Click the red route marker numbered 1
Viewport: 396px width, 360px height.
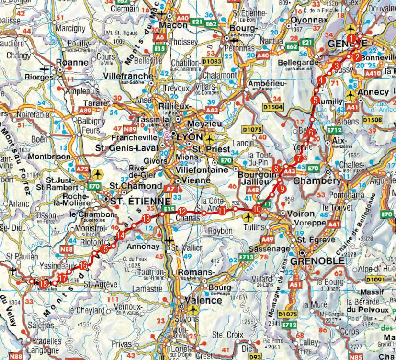(x=352, y=38)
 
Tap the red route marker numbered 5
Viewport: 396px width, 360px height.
(x=315, y=100)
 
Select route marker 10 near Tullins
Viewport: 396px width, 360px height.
(x=258, y=209)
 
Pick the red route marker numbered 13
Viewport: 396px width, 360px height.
(x=147, y=219)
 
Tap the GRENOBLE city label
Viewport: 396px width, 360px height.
(x=321, y=260)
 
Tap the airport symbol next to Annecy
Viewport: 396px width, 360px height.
(x=351, y=94)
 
